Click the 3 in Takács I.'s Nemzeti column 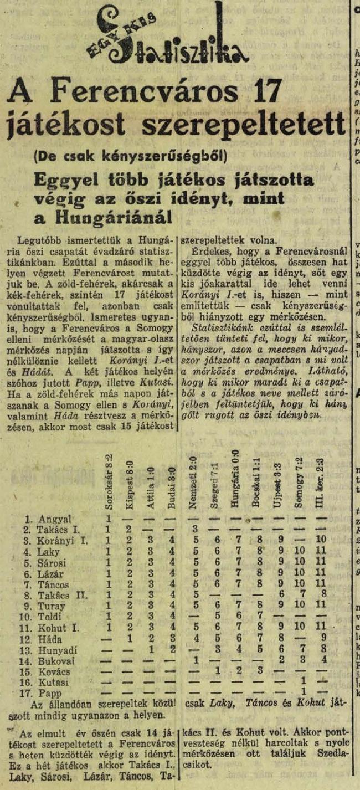[x=195, y=530]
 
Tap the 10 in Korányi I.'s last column [x=320, y=541]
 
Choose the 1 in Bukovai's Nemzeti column [x=195, y=660]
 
